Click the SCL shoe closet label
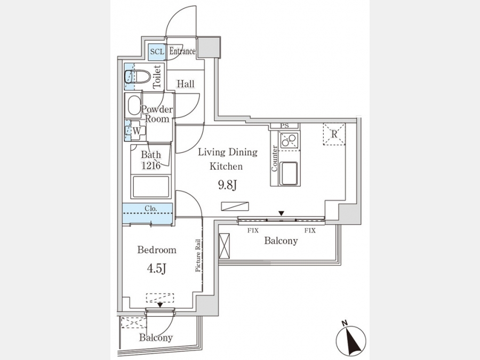157,52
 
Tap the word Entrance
182,51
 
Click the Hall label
186,84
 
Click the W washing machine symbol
137,131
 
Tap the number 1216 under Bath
151,166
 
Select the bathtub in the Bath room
151,187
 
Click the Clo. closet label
151,209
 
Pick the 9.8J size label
228,185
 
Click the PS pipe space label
284,125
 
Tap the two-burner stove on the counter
289,140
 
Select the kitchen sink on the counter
289,173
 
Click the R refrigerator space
334,134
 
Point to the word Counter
274,158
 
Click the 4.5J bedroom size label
156,268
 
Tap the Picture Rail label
198,255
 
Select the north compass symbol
351,340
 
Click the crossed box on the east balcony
224,246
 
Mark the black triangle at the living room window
281,213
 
